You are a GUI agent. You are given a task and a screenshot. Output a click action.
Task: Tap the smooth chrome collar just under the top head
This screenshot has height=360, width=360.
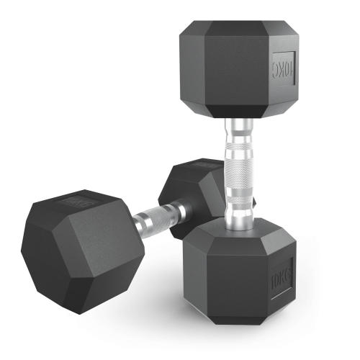[238, 130]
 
